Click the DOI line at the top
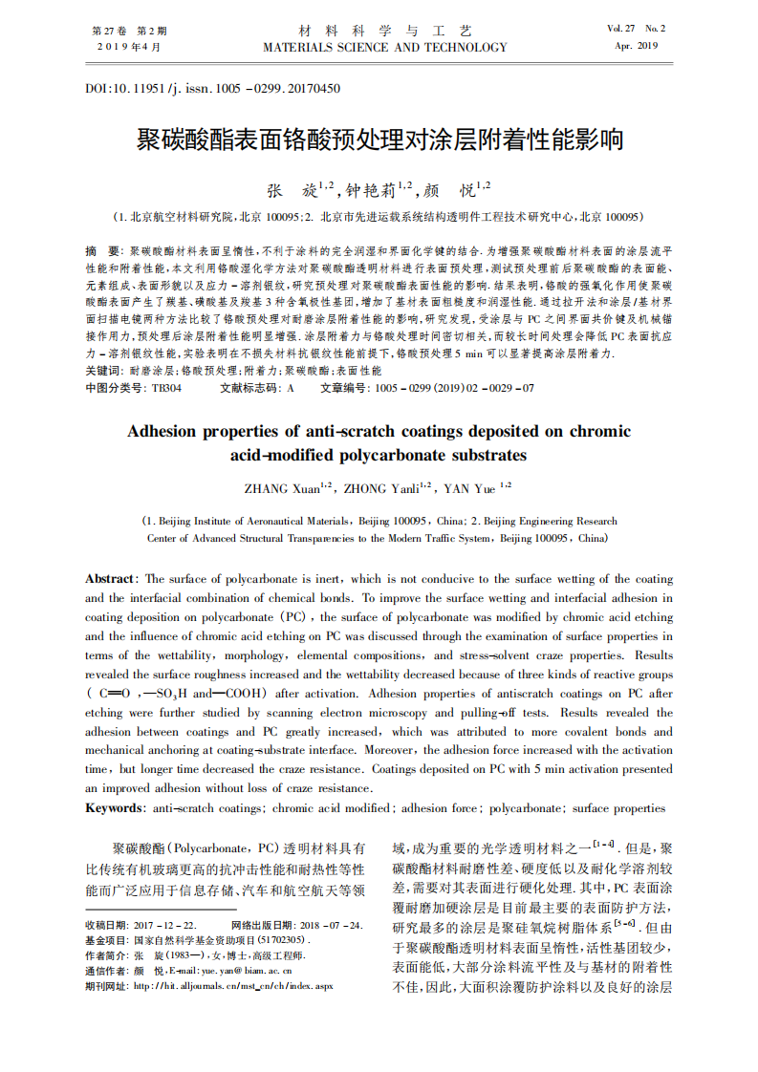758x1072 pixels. [x=212, y=89]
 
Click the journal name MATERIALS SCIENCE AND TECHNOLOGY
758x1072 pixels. [x=385, y=47]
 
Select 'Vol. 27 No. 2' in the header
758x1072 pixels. [x=636, y=29]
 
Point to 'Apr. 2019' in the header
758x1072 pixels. [x=636, y=46]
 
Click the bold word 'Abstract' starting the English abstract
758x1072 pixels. [x=111, y=579]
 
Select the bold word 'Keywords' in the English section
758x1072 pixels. [x=115, y=808]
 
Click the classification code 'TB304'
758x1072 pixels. [x=166, y=389]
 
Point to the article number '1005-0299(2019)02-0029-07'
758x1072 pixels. [x=453, y=389]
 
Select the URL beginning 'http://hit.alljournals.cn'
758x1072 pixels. [x=232, y=985]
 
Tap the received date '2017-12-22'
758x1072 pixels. [x=164, y=926]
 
